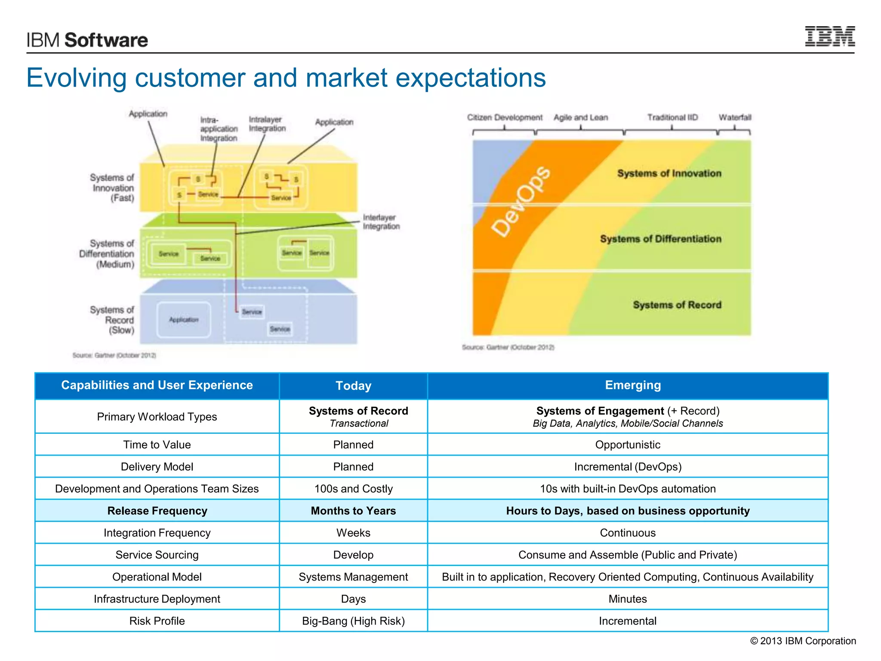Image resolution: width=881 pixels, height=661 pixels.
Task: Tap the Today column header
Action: point(353,386)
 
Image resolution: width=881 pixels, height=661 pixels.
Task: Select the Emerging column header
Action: point(632,385)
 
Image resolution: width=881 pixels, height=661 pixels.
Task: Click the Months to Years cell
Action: point(353,511)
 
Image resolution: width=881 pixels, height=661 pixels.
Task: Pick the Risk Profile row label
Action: point(157,621)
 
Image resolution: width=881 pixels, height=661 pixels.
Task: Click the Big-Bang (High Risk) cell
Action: point(353,621)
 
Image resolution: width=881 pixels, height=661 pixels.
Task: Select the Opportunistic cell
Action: point(627,445)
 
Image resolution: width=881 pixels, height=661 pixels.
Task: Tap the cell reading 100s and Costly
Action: point(353,489)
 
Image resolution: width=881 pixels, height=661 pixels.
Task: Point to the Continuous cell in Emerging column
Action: point(627,533)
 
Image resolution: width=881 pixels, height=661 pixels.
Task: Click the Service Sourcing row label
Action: point(157,555)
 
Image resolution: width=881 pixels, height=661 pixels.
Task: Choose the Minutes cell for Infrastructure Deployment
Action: point(627,599)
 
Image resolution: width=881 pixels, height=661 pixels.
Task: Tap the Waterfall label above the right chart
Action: point(735,117)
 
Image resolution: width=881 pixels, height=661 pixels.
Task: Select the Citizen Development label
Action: point(505,117)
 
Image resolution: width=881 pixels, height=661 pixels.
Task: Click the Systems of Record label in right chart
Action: point(677,305)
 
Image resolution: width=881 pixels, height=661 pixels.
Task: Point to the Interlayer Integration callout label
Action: point(381,222)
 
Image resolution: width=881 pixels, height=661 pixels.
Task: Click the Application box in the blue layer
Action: point(184,320)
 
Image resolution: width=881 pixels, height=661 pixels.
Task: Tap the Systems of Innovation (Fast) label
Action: point(113,188)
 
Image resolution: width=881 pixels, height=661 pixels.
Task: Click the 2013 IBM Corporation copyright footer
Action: point(803,641)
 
